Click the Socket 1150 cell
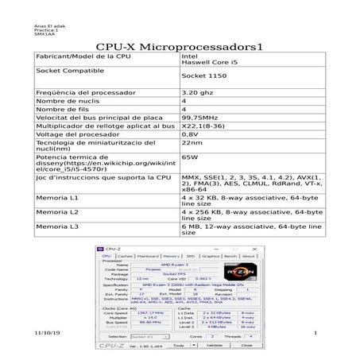[204, 83]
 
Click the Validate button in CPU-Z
[215, 346]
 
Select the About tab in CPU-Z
[249, 257]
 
